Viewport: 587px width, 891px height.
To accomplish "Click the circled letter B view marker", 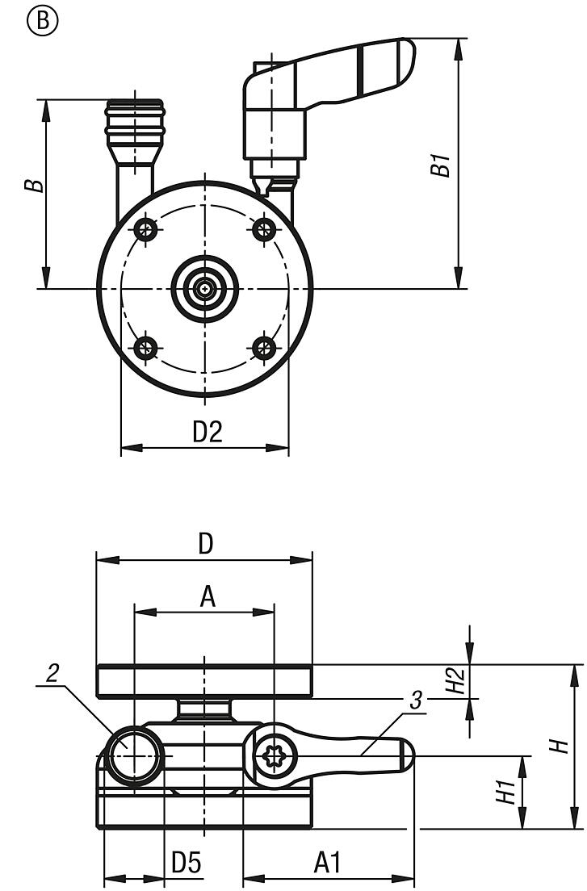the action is (x=42, y=21).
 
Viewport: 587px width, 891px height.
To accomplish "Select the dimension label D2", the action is (x=208, y=432).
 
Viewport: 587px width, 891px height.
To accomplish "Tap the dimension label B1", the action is (x=440, y=164).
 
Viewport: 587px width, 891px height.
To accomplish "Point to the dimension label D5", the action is (x=187, y=864).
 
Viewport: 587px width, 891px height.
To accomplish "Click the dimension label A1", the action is (x=327, y=864).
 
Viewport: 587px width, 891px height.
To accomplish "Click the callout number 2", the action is (x=52, y=674).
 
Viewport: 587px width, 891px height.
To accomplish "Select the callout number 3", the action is (x=416, y=701).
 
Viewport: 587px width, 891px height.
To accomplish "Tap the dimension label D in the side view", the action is (x=206, y=544).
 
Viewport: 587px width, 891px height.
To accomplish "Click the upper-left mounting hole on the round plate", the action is (x=148, y=229).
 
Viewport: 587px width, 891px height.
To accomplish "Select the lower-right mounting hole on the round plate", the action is (x=264, y=347).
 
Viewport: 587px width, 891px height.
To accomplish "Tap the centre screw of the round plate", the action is (x=204, y=289).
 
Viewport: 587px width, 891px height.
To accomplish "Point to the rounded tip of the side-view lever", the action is (x=407, y=755).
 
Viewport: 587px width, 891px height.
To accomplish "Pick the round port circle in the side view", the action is (x=133, y=756).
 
